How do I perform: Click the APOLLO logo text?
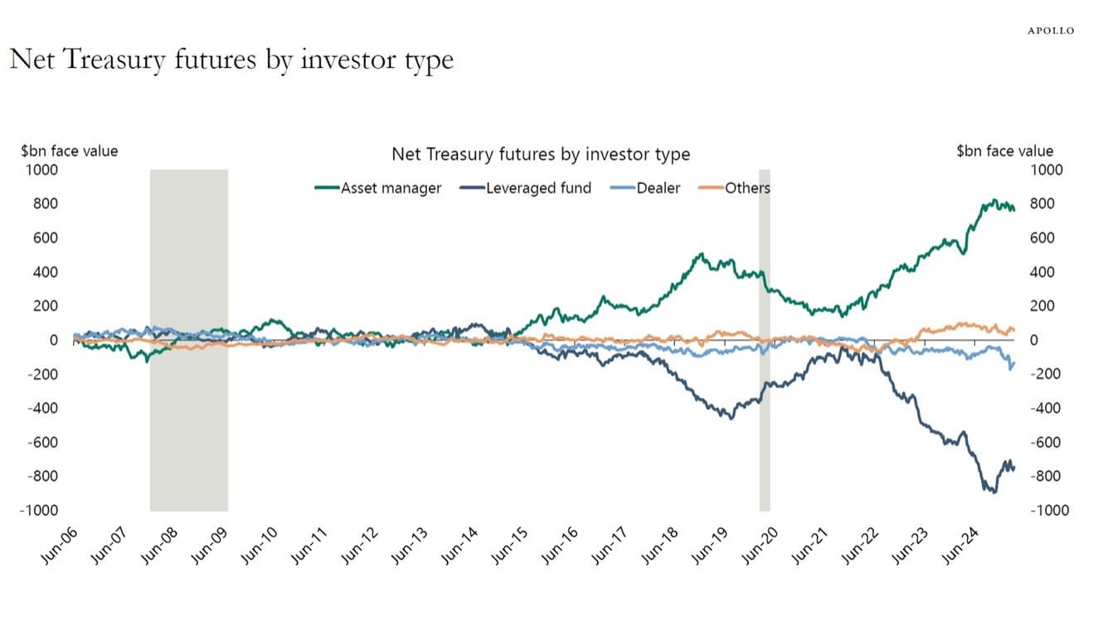(x=1051, y=31)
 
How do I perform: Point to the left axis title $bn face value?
(x=70, y=151)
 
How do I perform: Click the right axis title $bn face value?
(x=1004, y=151)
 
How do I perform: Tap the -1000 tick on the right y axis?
(x=1050, y=511)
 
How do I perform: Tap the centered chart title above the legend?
(x=540, y=154)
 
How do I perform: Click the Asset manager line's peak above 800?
(x=993, y=201)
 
